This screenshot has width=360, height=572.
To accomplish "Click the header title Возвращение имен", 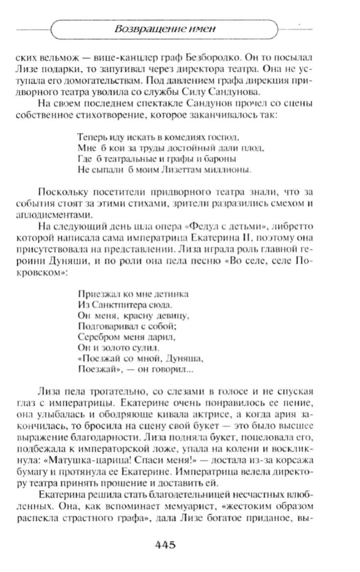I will point(165,29).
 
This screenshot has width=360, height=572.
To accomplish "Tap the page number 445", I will point(165,545).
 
